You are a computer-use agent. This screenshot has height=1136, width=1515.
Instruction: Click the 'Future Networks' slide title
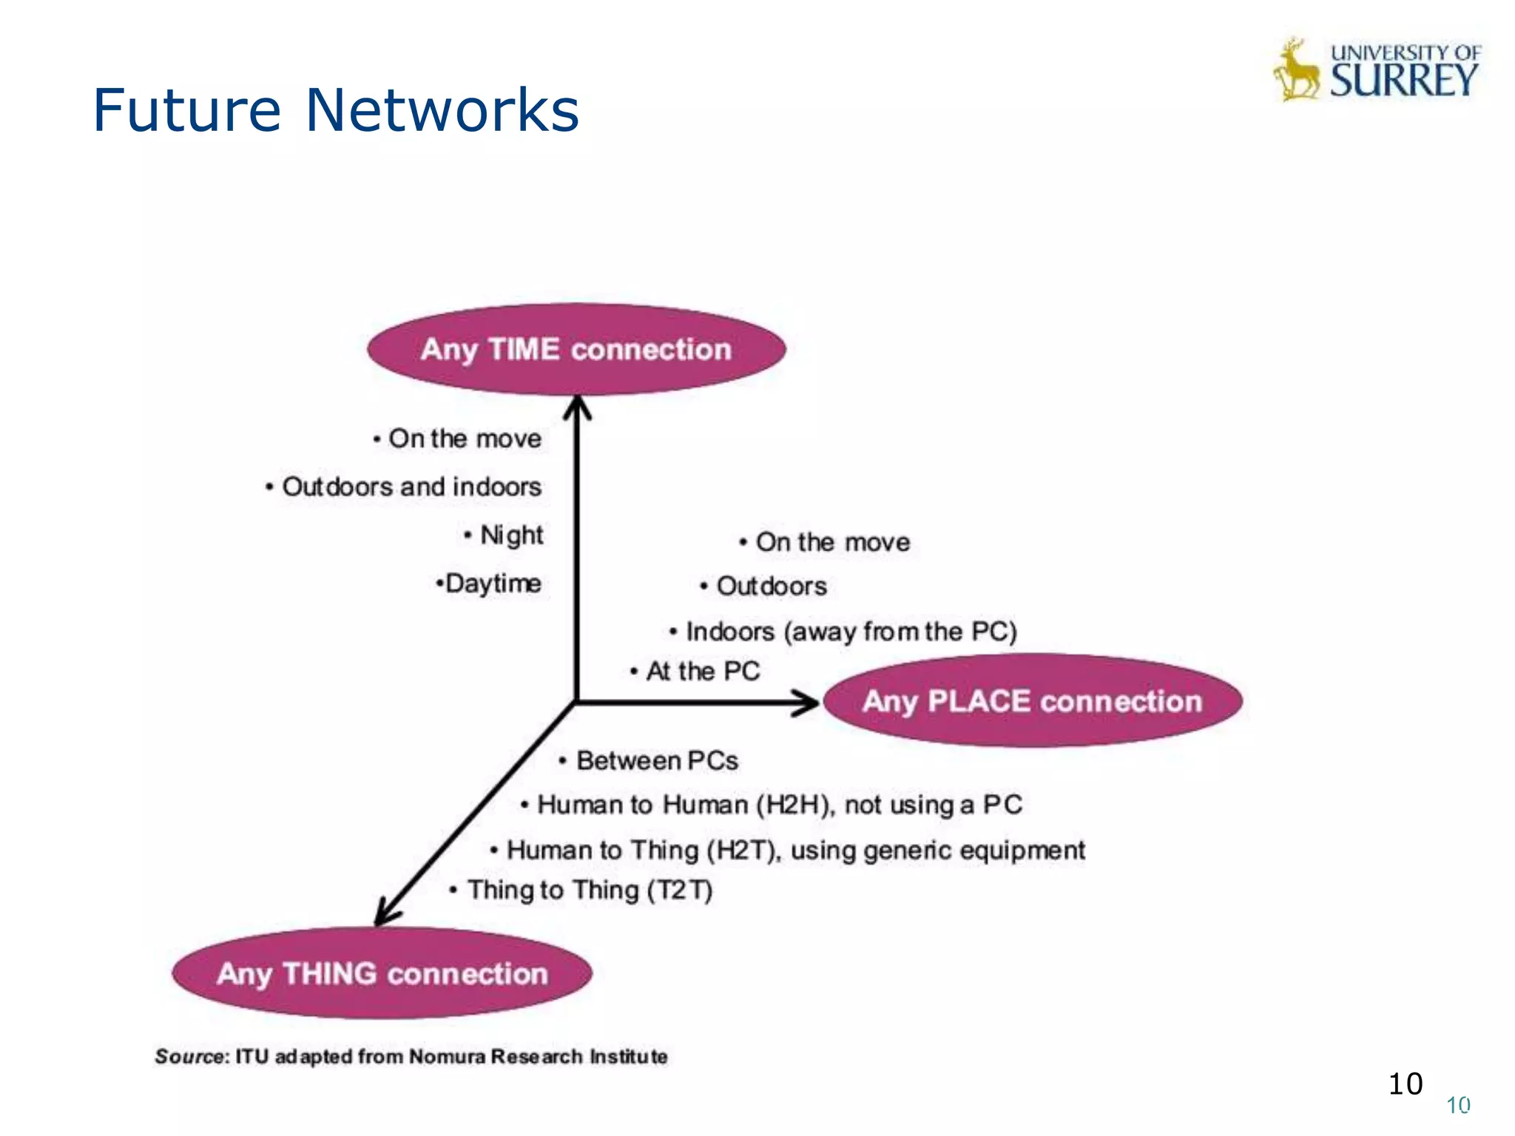click(335, 111)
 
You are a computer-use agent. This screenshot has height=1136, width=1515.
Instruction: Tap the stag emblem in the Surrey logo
click(1296, 72)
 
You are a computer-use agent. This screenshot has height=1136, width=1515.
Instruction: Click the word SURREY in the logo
click(1403, 80)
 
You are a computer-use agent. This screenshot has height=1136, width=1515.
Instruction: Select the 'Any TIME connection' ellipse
click(576, 349)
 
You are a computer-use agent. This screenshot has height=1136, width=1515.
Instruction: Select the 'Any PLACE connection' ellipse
click(1032, 700)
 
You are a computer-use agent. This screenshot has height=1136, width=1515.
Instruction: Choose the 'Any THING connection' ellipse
click(382, 973)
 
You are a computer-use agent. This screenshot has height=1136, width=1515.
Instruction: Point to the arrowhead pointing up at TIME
click(577, 405)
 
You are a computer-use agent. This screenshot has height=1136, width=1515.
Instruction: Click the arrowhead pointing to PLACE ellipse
click(808, 702)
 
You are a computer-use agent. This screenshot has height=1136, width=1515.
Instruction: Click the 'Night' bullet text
click(511, 535)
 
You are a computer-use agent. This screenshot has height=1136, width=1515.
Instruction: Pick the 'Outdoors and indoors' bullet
click(411, 487)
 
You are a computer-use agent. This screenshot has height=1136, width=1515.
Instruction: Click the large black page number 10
click(1405, 1084)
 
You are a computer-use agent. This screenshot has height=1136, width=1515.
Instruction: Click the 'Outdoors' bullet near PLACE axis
click(771, 586)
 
